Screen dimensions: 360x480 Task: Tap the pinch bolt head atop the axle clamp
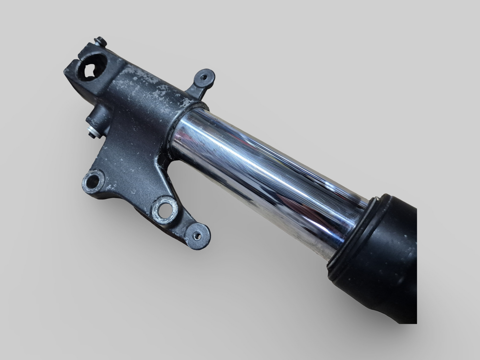coord(99,42)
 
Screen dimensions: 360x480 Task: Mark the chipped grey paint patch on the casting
coord(146,86)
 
